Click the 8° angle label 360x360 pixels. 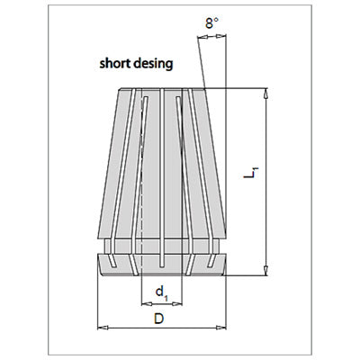click(x=211, y=23)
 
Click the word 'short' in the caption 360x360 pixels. click(x=114, y=64)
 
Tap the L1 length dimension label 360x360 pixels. click(x=251, y=173)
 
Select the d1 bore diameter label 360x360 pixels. click(x=162, y=293)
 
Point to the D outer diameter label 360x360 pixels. click(x=159, y=319)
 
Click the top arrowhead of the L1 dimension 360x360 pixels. click(x=265, y=94)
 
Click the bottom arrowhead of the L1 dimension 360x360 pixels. click(x=265, y=270)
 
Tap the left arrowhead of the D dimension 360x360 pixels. click(x=103, y=328)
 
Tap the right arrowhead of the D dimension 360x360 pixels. click(x=221, y=328)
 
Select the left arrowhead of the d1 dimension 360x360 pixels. click(x=146, y=304)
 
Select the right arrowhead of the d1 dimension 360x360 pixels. click(x=177, y=304)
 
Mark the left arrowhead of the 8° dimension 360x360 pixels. click(x=202, y=37)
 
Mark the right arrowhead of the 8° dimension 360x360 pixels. click(x=220, y=37)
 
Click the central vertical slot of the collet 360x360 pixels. click(x=162, y=177)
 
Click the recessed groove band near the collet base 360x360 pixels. click(x=162, y=247)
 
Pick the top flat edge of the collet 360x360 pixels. click(x=162, y=89)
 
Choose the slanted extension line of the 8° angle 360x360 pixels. click(x=201, y=62)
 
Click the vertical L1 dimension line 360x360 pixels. click(x=265, y=182)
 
